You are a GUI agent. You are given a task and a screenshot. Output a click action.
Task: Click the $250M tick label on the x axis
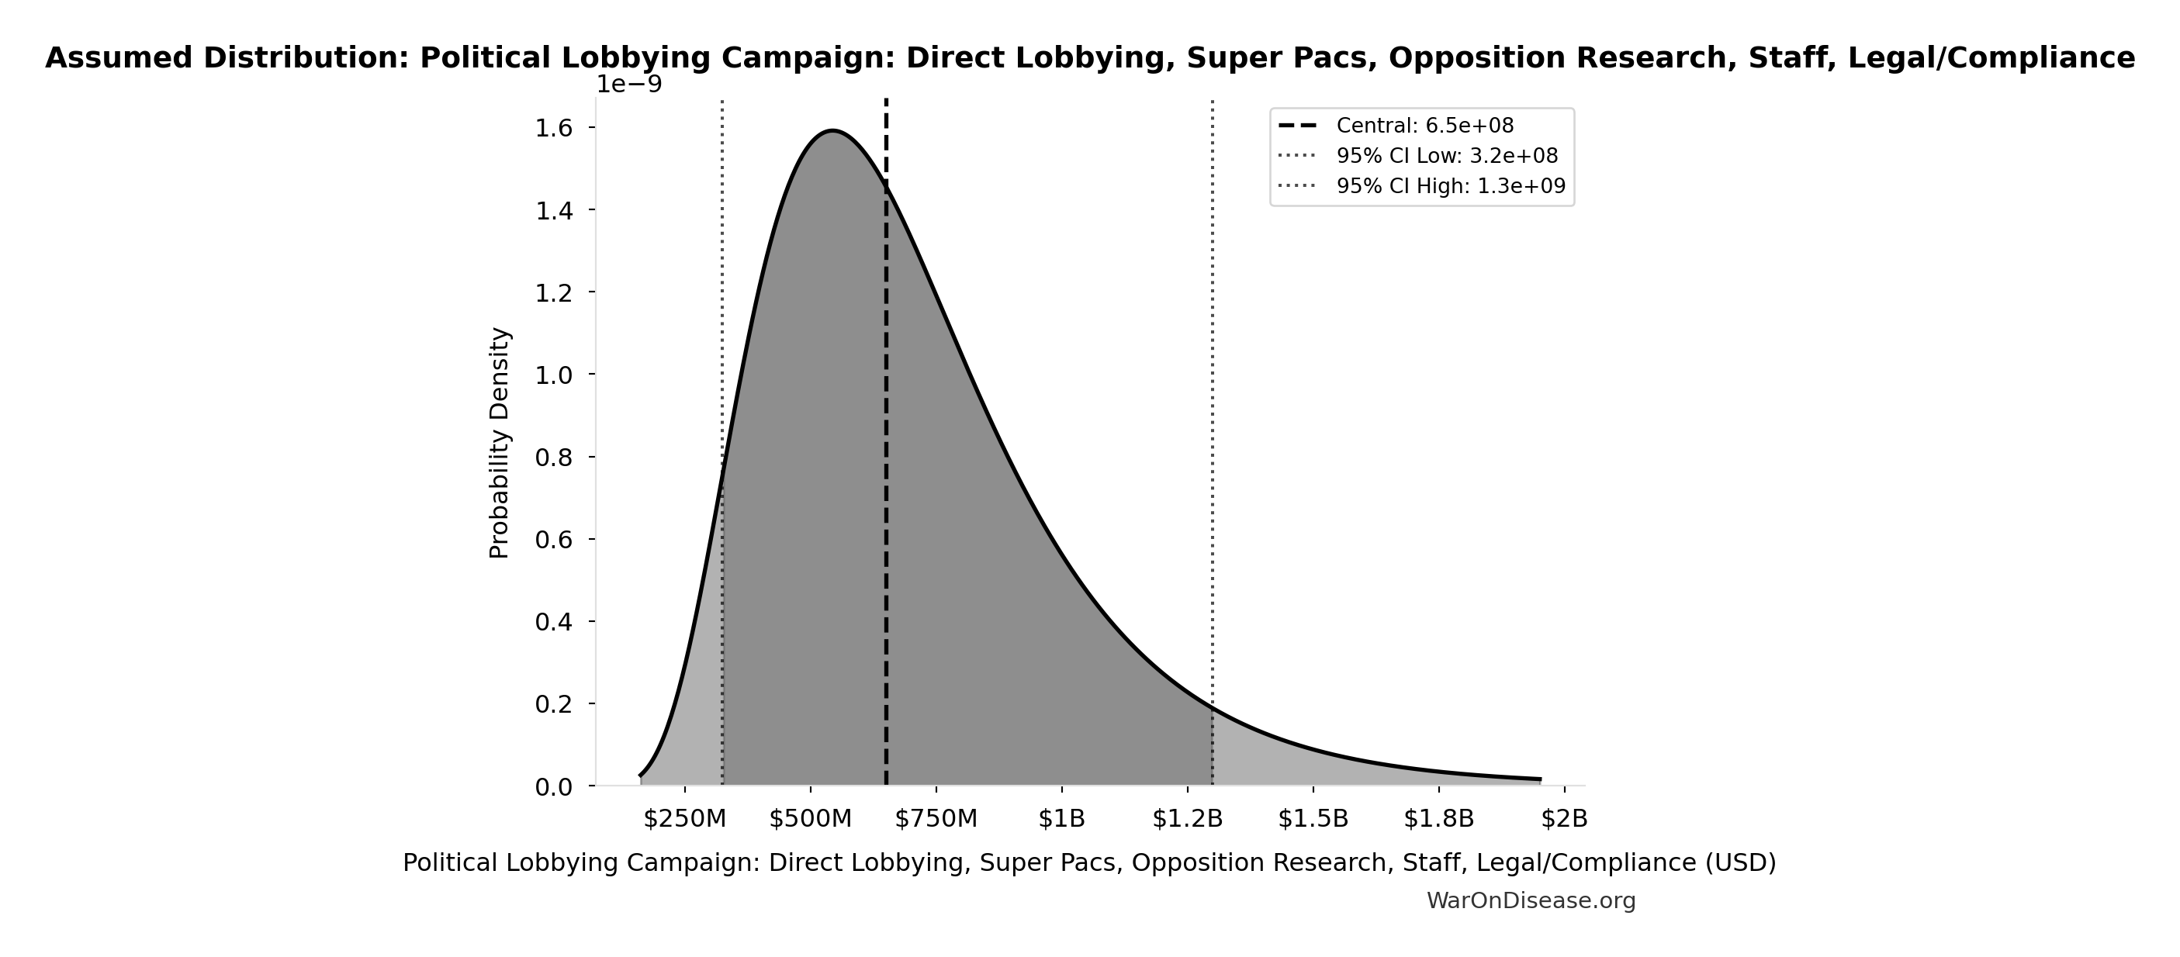(x=684, y=819)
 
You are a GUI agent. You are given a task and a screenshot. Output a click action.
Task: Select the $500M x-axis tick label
(x=810, y=819)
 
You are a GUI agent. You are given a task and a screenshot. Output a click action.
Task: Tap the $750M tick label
(x=936, y=819)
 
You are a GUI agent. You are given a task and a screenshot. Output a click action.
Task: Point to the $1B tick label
(x=1061, y=819)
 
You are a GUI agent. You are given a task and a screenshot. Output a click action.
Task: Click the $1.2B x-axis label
(x=1187, y=819)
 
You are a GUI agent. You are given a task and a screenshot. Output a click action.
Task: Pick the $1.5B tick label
(x=1313, y=819)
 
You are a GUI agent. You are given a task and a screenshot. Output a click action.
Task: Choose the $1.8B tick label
(x=1438, y=819)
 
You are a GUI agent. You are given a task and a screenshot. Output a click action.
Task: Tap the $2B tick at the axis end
(x=1564, y=819)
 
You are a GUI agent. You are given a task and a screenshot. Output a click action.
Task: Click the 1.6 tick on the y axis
(x=553, y=128)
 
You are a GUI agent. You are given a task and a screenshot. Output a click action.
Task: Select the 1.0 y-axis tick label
(x=553, y=375)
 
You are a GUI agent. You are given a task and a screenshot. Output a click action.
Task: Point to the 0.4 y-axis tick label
(x=553, y=622)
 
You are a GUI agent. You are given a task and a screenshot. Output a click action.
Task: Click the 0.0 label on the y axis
(x=553, y=787)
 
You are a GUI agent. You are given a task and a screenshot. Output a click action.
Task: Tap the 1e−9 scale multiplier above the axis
(x=628, y=85)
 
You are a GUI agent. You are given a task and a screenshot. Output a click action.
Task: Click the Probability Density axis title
(x=500, y=443)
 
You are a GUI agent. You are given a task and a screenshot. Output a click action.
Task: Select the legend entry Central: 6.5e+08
(x=1424, y=126)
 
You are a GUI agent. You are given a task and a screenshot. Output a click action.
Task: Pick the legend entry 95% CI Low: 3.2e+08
(x=1446, y=157)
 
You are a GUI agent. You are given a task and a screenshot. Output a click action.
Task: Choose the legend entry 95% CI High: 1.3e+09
(x=1451, y=186)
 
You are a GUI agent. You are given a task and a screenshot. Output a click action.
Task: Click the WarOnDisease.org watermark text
(x=1530, y=901)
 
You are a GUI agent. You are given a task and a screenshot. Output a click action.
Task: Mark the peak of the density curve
(x=832, y=130)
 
